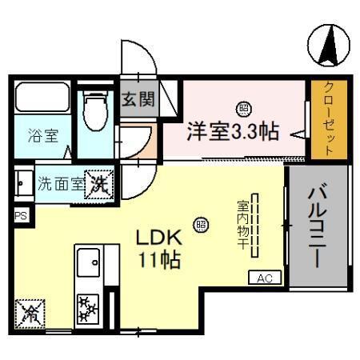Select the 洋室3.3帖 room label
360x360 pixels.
click(x=233, y=130)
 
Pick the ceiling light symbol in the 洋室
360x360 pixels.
click(x=242, y=107)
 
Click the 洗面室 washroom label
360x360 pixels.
click(x=60, y=182)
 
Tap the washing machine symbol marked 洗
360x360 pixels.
click(x=101, y=183)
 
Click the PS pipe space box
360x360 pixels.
click(x=20, y=215)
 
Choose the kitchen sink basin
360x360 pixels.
click(x=87, y=261)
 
